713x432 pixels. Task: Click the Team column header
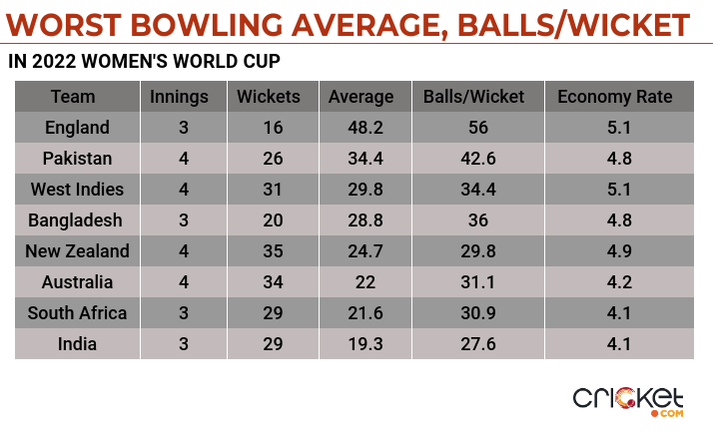73,97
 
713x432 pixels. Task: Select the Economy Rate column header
614,97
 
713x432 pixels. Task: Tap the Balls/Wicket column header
479,97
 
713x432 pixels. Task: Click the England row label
77,128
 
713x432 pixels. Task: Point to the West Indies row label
77,190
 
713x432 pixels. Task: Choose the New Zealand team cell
77,251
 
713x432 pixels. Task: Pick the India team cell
77,343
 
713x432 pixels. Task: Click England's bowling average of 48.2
360,128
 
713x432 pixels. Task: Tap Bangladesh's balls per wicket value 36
479,220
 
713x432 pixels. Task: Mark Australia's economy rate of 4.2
614,282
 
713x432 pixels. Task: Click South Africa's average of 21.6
360,313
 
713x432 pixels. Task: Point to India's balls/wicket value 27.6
479,343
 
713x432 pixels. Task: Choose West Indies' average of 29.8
360,190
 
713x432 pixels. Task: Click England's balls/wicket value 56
479,128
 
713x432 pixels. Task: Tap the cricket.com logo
628,399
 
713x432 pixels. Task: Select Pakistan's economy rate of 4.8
614,159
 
